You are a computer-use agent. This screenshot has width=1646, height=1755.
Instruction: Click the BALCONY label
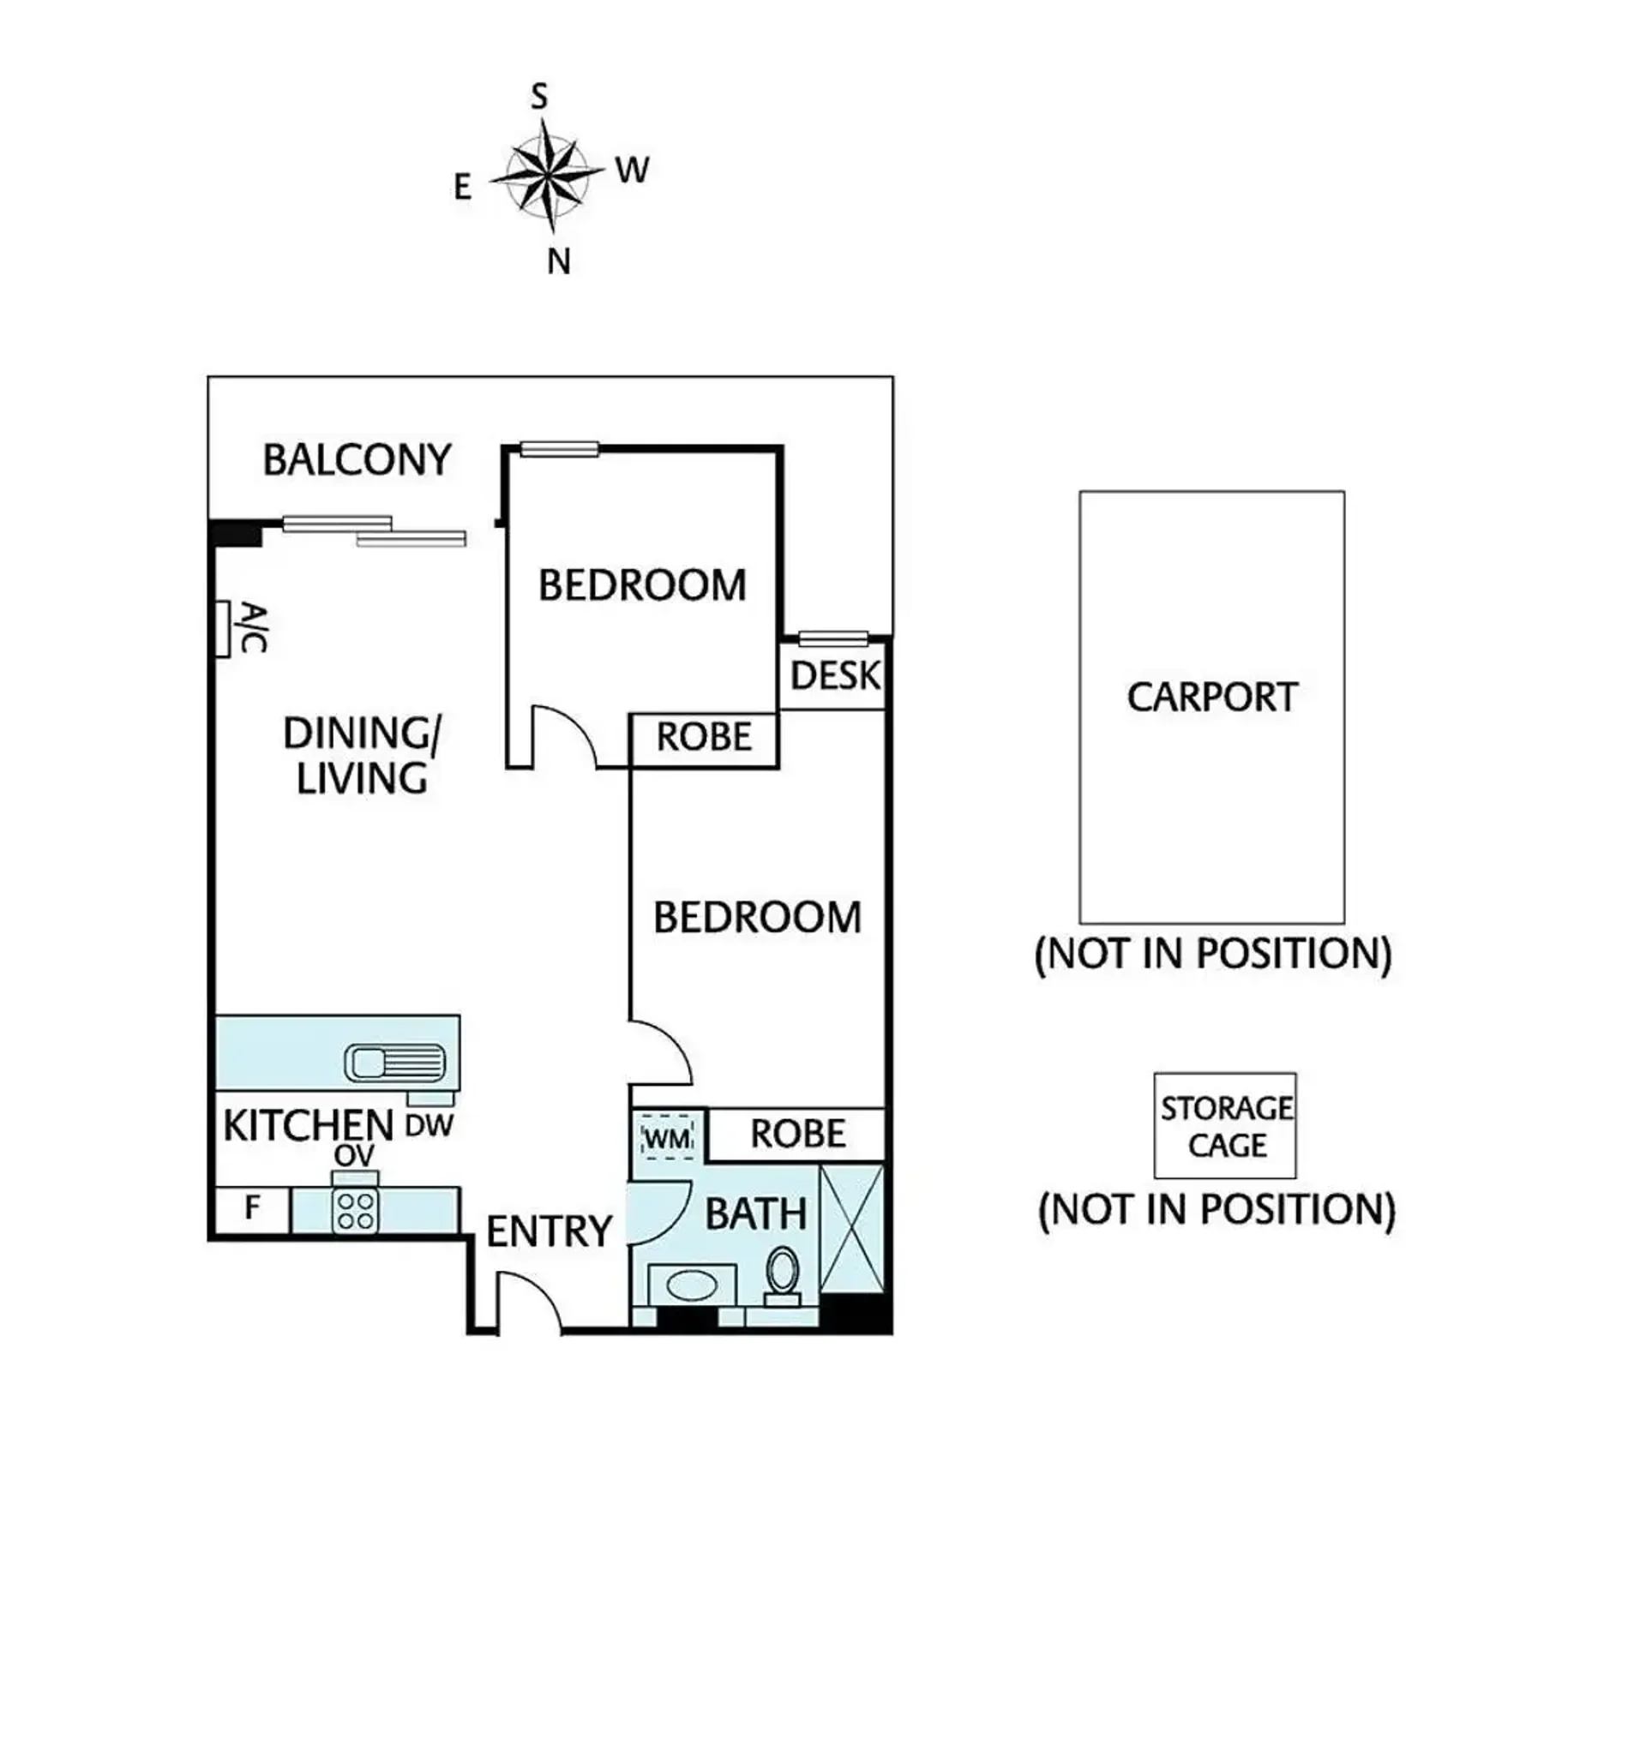(357, 460)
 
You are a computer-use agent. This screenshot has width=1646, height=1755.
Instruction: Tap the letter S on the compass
(538, 96)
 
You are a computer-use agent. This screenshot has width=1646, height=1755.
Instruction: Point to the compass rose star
(548, 176)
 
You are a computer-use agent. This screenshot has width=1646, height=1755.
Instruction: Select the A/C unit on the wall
(224, 628)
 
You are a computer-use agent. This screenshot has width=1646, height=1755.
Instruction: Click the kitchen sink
(393, 1063)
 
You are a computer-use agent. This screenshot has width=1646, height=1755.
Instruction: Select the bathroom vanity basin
(692, 1285)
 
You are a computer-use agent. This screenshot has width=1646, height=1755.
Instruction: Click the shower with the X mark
(851, 1229)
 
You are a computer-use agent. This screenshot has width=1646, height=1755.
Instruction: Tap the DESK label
(834, 676)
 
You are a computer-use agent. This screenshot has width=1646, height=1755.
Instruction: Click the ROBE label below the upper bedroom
(704, 737)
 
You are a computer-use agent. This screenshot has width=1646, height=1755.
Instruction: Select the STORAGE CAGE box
(1225, 1125)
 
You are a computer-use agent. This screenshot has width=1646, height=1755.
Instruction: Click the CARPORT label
(1211, 698)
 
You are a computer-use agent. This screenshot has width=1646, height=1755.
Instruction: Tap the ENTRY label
(549, 1231)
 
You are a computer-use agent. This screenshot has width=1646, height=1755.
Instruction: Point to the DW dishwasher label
(430, 1125)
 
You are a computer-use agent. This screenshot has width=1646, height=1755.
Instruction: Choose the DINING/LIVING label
(361, 756)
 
